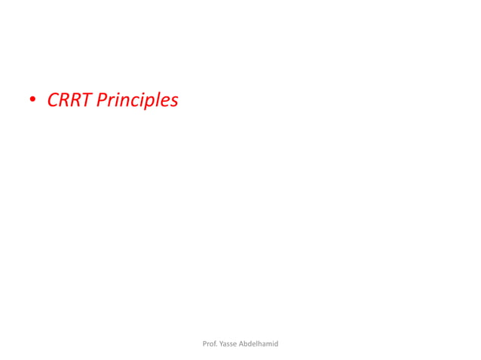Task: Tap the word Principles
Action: click(137, 100)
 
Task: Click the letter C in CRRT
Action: click(54, 99)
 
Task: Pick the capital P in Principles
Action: click(103, 99)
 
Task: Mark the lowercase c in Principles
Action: click(131, 101)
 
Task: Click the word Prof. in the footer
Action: click(210, 343)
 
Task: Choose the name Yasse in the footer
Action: click(228, 343)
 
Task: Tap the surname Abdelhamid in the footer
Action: click(259, 343)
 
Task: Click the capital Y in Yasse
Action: click(222, 343)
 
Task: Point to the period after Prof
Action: click(217, 346)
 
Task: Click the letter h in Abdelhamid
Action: click(259, 343)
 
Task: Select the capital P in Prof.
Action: click(205, 343)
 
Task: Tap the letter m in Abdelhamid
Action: click(268, 344)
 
